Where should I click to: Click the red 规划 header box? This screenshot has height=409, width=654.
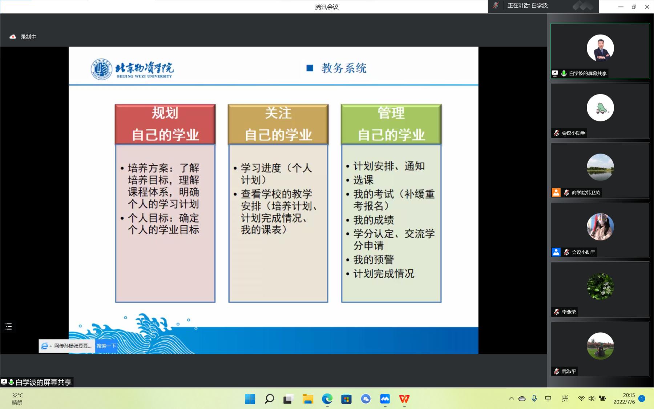click(x=165, y=124)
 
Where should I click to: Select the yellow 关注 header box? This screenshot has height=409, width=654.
click(x=278, y=124)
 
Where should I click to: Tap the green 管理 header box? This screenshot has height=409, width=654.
click(x=391, y=124)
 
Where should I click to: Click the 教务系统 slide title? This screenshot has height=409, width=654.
click(x=344, y=68)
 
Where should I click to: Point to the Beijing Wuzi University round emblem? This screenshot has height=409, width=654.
click(x=101, y=69)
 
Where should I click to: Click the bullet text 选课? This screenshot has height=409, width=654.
click(x=363, y=180)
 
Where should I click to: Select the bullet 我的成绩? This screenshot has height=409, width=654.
click(x=374, y=220)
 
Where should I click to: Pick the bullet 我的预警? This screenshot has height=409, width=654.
click(x=374, y=260)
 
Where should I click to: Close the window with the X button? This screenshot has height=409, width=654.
click(x=647, y=7)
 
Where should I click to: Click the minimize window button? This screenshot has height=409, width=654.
click(x=621, y=7)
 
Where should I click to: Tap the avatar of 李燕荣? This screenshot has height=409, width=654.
click(x=600, y=286)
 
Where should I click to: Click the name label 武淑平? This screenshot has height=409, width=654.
click(x=569, y=372)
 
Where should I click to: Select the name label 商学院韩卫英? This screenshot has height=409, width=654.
click(x=586, y=193)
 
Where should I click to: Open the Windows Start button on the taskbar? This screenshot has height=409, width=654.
click(x=250, y=399)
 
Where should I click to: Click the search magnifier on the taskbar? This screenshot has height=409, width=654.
click(x=269, y=399)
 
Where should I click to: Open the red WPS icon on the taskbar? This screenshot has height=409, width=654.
click(x=404, y=399)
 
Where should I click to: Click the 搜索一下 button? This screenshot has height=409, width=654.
click(x=106, y=346)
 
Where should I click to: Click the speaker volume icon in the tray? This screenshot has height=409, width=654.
click(x=592, y=398)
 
